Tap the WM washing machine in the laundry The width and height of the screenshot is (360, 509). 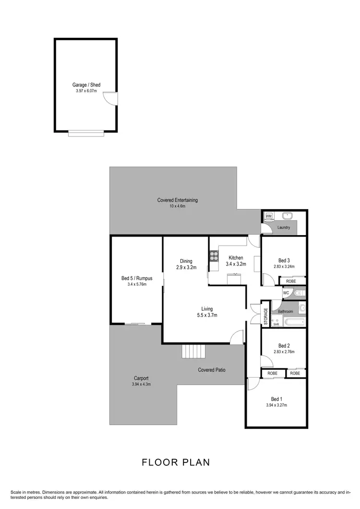click(x=268, y=216)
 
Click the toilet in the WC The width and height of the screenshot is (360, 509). click(x=299, y=292)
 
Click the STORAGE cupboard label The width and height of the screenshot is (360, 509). click(x=265, y=317)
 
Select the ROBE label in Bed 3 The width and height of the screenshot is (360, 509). click(x=291, y=281)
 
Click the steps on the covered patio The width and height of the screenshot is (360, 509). click(x=193, y=352)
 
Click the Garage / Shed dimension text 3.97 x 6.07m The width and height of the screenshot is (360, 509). click(x=86, y=91)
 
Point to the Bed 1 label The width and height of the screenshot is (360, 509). click(x=276, y=399)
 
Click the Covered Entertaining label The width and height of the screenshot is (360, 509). click(x=177, y=200)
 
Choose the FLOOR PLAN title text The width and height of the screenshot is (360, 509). click(x=176, y=462)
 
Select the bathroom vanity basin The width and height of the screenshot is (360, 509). click(x=302, y=308)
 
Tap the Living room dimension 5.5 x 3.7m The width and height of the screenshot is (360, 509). click(x=207, y=315)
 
